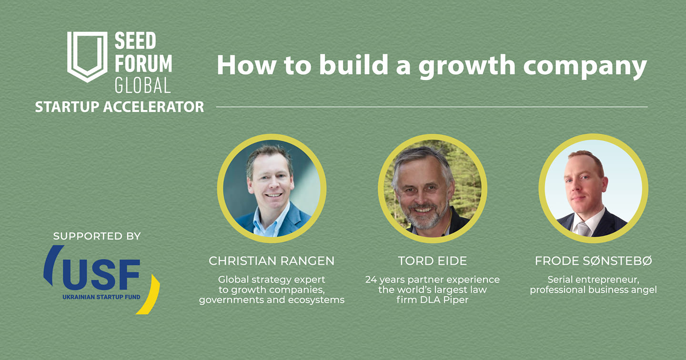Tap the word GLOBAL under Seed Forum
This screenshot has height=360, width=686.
tap(143, 85)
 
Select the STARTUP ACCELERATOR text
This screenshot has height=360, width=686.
tap(120, 107)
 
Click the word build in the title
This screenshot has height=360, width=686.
tap(353, 64)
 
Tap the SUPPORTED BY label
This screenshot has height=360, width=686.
tap(97, 236)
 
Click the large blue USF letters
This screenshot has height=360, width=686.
tap(101, 275)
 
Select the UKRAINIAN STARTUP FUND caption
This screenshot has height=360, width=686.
tap(101, 297)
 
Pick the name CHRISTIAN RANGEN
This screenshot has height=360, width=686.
tap(272, 261)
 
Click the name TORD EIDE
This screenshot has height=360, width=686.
tap(433, 261)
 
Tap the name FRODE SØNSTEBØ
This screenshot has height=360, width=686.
tap(594, 261)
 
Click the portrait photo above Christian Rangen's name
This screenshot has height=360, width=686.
tap(272, 188)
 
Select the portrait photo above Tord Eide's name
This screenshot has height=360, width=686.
tap(433, 188)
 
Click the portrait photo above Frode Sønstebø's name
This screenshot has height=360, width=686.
tap(594, 188)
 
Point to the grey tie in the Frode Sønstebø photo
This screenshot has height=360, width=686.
tap(583, 229)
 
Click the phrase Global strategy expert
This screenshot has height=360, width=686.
tap(272, 280)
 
